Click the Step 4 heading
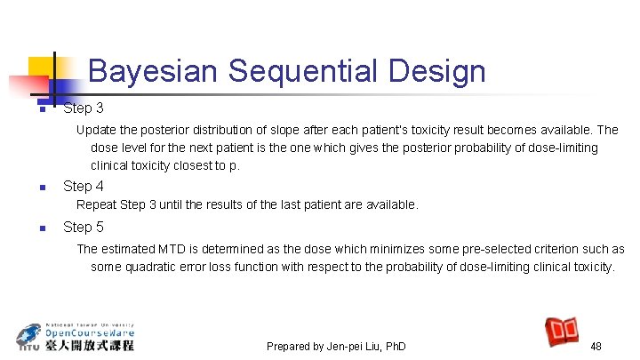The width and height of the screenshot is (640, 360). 83,187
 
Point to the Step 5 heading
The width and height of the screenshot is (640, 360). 83,227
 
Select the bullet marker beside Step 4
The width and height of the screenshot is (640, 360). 41,188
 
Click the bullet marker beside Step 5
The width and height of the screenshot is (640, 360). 41,228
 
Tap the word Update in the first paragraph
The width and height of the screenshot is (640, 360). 97,130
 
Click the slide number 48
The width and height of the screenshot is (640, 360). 596,346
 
